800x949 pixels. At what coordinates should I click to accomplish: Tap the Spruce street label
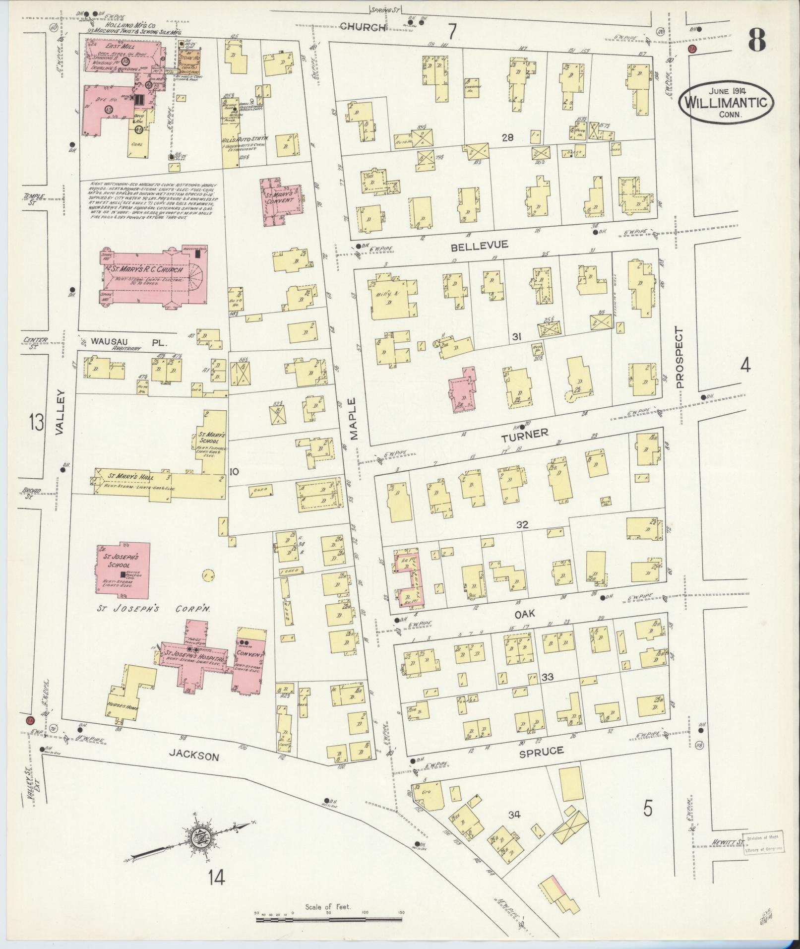pos(541,765)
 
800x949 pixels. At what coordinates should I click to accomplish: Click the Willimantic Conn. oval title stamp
pos(725,102)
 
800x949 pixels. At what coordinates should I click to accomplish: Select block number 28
pos(507,137)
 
